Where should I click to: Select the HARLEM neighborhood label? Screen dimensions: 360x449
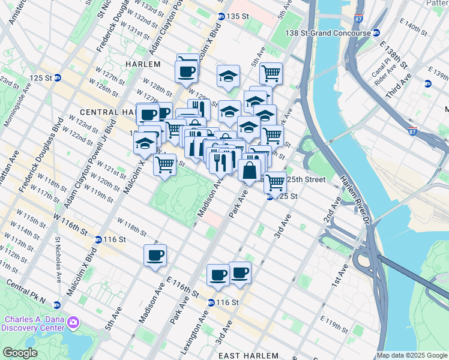pyautogui.click(x=143, y=64)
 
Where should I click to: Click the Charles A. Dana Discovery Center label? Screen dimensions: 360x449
pyautogui.click(x=34, y=323)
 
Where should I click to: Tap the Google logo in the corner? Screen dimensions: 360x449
pyautogui.click(x=20, y=353)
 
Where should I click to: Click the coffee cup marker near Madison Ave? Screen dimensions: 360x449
pyautogui.click(x=155, y=256)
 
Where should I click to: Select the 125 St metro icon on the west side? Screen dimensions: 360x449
pyautogui.click(x=58, y=77)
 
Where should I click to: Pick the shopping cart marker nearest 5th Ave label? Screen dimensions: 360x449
pyautogui.click(x=271, y=73)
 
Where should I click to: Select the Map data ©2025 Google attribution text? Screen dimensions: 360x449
pyautogui.click(x=412, y=355)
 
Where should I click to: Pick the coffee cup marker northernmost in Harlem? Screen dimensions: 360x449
pyautogui.click(x=187, y=71)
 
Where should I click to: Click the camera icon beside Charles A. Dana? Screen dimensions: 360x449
pyautogui.click(x=74, y=323)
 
